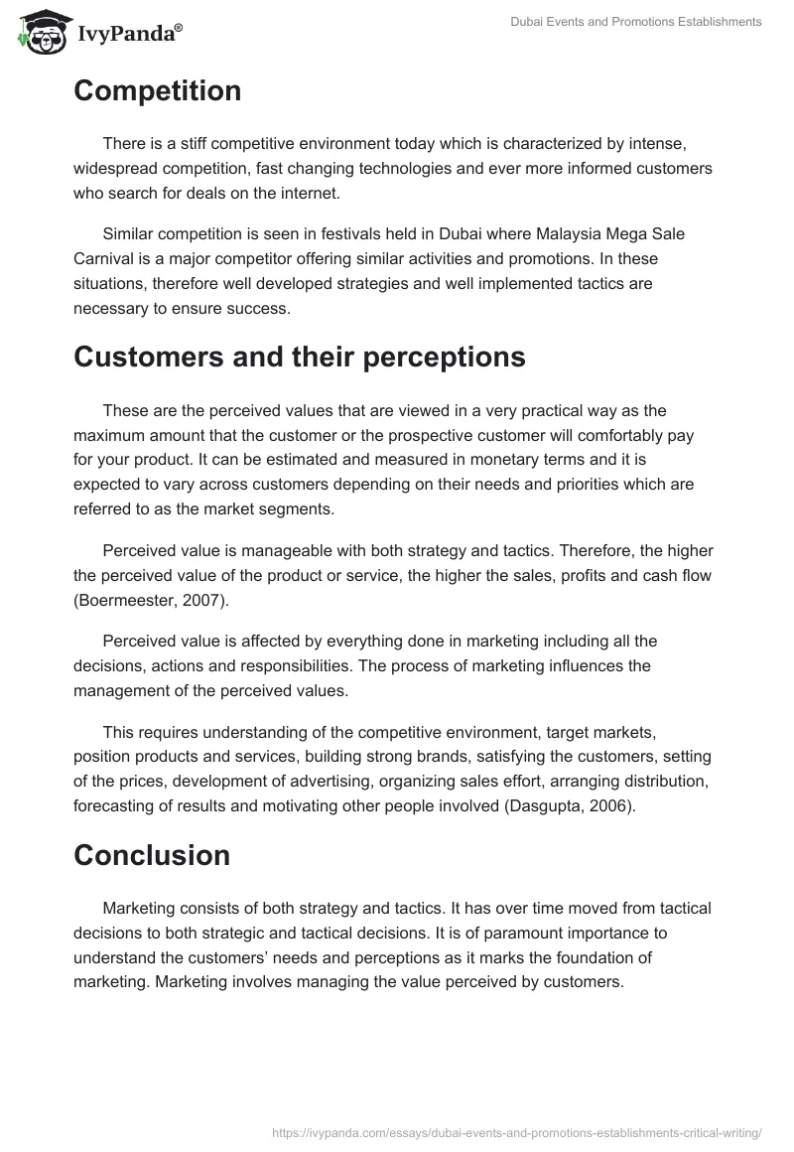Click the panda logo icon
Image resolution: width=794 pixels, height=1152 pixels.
(x=39, y=31)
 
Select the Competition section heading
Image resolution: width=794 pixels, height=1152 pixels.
(x=157, y=91)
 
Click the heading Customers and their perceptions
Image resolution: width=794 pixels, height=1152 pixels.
(x=299, y=358)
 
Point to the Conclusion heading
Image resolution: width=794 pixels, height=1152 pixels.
(x=152, y=855)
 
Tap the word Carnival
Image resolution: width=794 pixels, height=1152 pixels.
(x=105, y=258)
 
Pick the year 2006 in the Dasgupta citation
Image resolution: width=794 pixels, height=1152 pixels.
(x=609, y=806)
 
